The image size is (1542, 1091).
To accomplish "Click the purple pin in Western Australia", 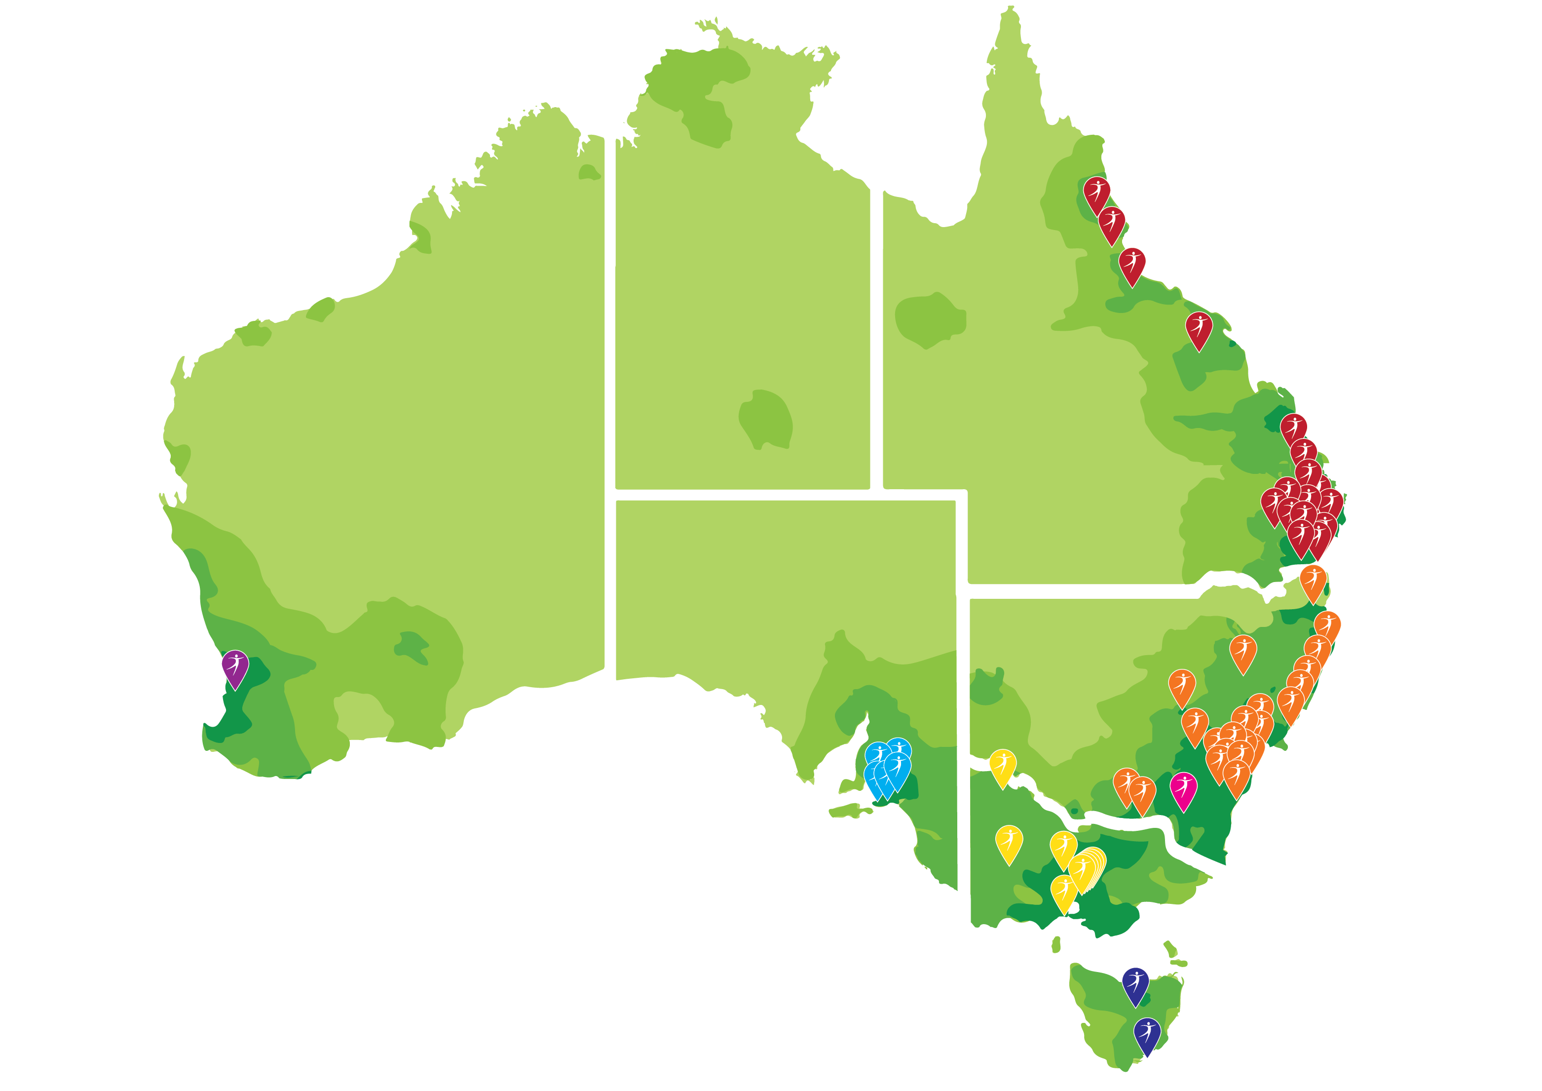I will point(235,666).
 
